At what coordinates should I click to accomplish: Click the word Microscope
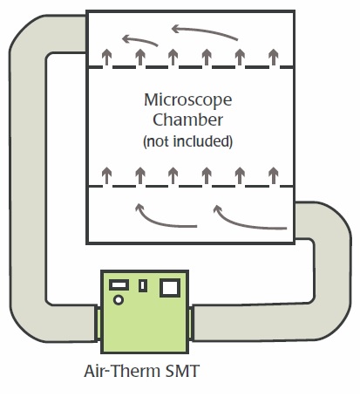[188, 100]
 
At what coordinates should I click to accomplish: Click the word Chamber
[188, 120]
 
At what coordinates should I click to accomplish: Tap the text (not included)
[188, 141]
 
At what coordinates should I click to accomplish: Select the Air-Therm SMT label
[142, 371]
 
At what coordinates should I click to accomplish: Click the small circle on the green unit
[119, 299]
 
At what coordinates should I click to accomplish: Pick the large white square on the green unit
[170, 288]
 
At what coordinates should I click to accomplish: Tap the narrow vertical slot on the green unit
[142, 285]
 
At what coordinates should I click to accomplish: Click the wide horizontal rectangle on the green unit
[119, 284]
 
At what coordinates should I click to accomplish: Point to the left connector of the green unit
[98, 324]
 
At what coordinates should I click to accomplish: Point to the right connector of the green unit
[191, 324]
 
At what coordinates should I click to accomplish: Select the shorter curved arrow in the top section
[139, 40]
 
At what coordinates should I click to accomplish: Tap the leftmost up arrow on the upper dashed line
[107, 57]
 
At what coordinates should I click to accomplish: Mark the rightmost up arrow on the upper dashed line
[273, 57]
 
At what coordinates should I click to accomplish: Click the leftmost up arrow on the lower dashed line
[107, 175]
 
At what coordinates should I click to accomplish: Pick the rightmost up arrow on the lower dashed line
[273, 175]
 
